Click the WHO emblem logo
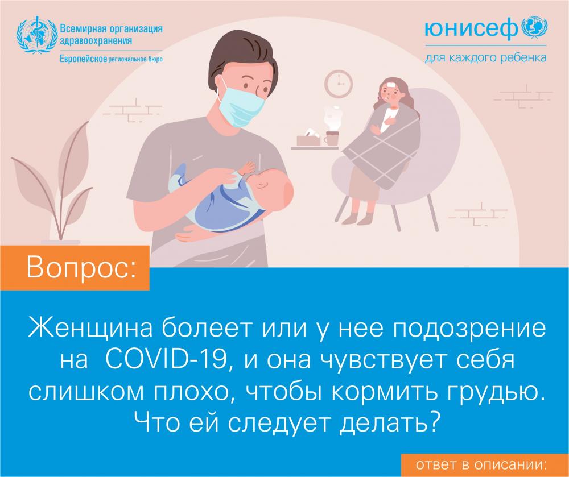(37, 35)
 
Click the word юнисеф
(471, 29)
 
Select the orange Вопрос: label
(75, 268)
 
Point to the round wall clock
(338, 84)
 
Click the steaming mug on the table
(331, 138)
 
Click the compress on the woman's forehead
(390, 85)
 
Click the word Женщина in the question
(90, 328)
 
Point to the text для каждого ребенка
(485, 57)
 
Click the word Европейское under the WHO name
(83, 59)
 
